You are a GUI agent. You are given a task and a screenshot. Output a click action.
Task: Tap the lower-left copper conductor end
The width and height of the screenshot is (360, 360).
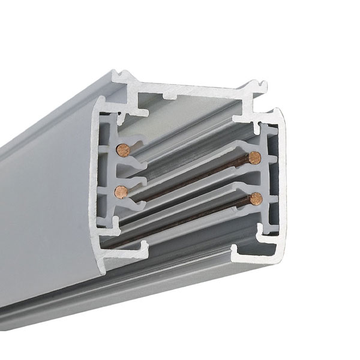pyautogui.click(x=121, y=191)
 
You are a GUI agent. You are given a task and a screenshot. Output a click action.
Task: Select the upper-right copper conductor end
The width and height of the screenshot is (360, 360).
pyautogui.click(x=254, y=158)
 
